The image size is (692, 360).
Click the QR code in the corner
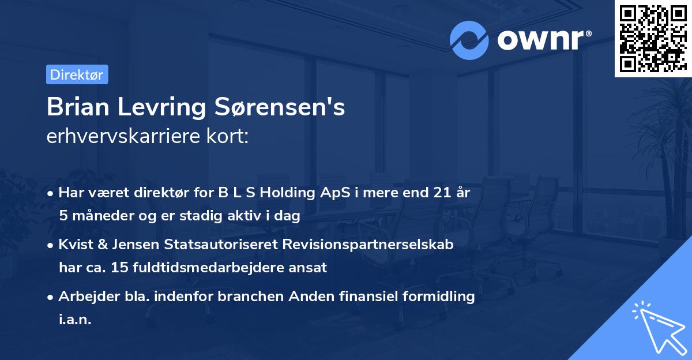tap(653, 39)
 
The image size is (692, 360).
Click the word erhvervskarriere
tap(126, 136)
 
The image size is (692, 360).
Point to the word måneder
tap(99, 216)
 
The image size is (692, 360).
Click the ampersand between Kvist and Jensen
tap(103, 244)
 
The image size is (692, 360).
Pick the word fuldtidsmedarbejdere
tap(205, 267)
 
